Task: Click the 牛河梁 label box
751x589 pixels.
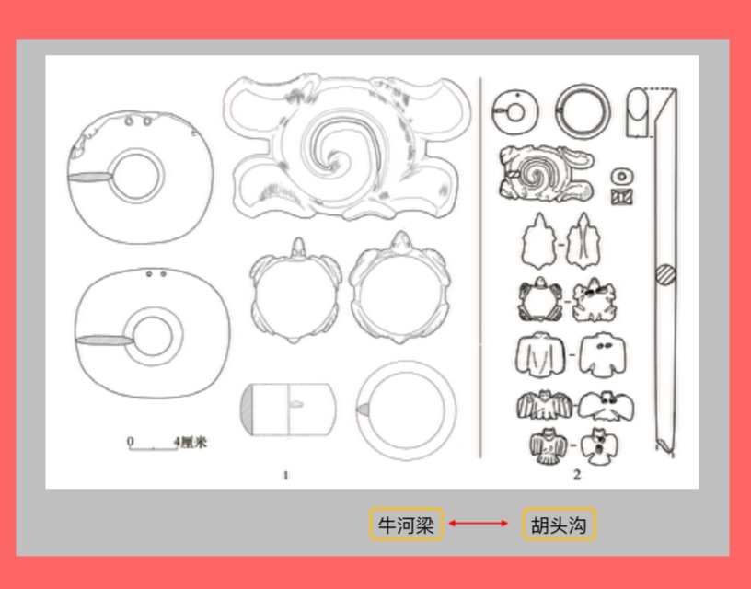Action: pos(406,525)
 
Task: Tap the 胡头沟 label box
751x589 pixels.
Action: pos(559,525)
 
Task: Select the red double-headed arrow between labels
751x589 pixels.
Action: pos(478,524)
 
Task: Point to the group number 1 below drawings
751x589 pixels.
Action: pos(286,475)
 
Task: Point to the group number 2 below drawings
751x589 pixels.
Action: pos(577,475)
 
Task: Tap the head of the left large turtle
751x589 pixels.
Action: pos(298,246)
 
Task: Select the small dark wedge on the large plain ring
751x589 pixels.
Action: pos(363,410)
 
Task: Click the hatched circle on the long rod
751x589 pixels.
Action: pos(665,275)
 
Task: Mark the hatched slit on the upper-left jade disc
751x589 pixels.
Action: pos(90,177)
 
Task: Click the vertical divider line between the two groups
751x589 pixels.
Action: pos(479,267)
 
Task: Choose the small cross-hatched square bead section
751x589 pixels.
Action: pos(621,197)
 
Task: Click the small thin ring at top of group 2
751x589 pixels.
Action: pos(583,110)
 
